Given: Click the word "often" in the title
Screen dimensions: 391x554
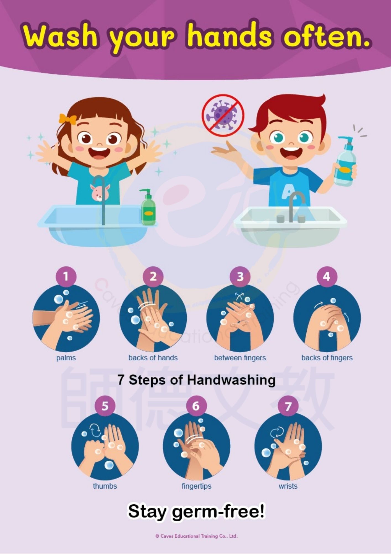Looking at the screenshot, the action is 327,37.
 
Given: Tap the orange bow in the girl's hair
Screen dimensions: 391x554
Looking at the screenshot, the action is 67,119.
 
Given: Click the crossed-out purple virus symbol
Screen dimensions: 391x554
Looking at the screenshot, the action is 223,116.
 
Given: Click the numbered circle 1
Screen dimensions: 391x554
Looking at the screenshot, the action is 66,276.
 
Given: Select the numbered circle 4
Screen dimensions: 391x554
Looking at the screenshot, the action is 327,276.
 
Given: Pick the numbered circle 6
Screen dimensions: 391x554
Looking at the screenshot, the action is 196,406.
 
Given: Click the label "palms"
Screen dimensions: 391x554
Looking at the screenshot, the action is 66,358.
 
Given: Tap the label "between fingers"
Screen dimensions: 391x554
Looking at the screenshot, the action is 240,358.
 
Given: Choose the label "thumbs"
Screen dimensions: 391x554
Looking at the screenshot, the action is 105,486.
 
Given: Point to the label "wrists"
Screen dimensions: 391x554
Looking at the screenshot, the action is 288,486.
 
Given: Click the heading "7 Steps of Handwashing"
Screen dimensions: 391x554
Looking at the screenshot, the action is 197,380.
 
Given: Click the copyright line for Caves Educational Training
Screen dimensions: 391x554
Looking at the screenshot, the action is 196,536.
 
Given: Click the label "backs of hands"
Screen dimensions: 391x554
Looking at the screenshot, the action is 153,358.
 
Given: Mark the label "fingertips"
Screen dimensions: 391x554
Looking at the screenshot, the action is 196,486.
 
